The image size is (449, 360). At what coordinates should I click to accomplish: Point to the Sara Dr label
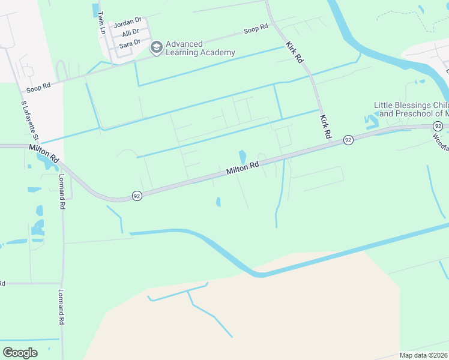click(x=130, y=42)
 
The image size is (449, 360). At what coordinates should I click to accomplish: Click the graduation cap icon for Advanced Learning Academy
click(x=156, y=48)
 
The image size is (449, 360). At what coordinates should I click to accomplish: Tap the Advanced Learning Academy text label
click(x=200, y=48)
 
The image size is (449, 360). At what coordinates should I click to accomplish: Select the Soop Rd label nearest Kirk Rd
click(x=255, y=29)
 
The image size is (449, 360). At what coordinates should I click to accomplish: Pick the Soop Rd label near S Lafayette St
click(x=38, y=88)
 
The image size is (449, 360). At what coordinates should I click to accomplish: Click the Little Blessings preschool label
click(x=411, y=109)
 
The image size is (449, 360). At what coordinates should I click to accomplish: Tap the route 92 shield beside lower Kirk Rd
click(x=348, y=140)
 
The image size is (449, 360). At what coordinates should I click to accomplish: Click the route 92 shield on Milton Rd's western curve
click(x=137, y=196)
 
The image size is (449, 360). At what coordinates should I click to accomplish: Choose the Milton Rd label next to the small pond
click(x=243, y=167)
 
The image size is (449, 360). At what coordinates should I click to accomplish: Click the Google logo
click(x=20, y=353)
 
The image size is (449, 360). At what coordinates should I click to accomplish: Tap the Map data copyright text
click(x=424, y=355)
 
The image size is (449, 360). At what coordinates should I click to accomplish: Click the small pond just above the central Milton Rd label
click(x=243, y=157)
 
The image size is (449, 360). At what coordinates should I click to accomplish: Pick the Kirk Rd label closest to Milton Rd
click(x=326, y=127)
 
